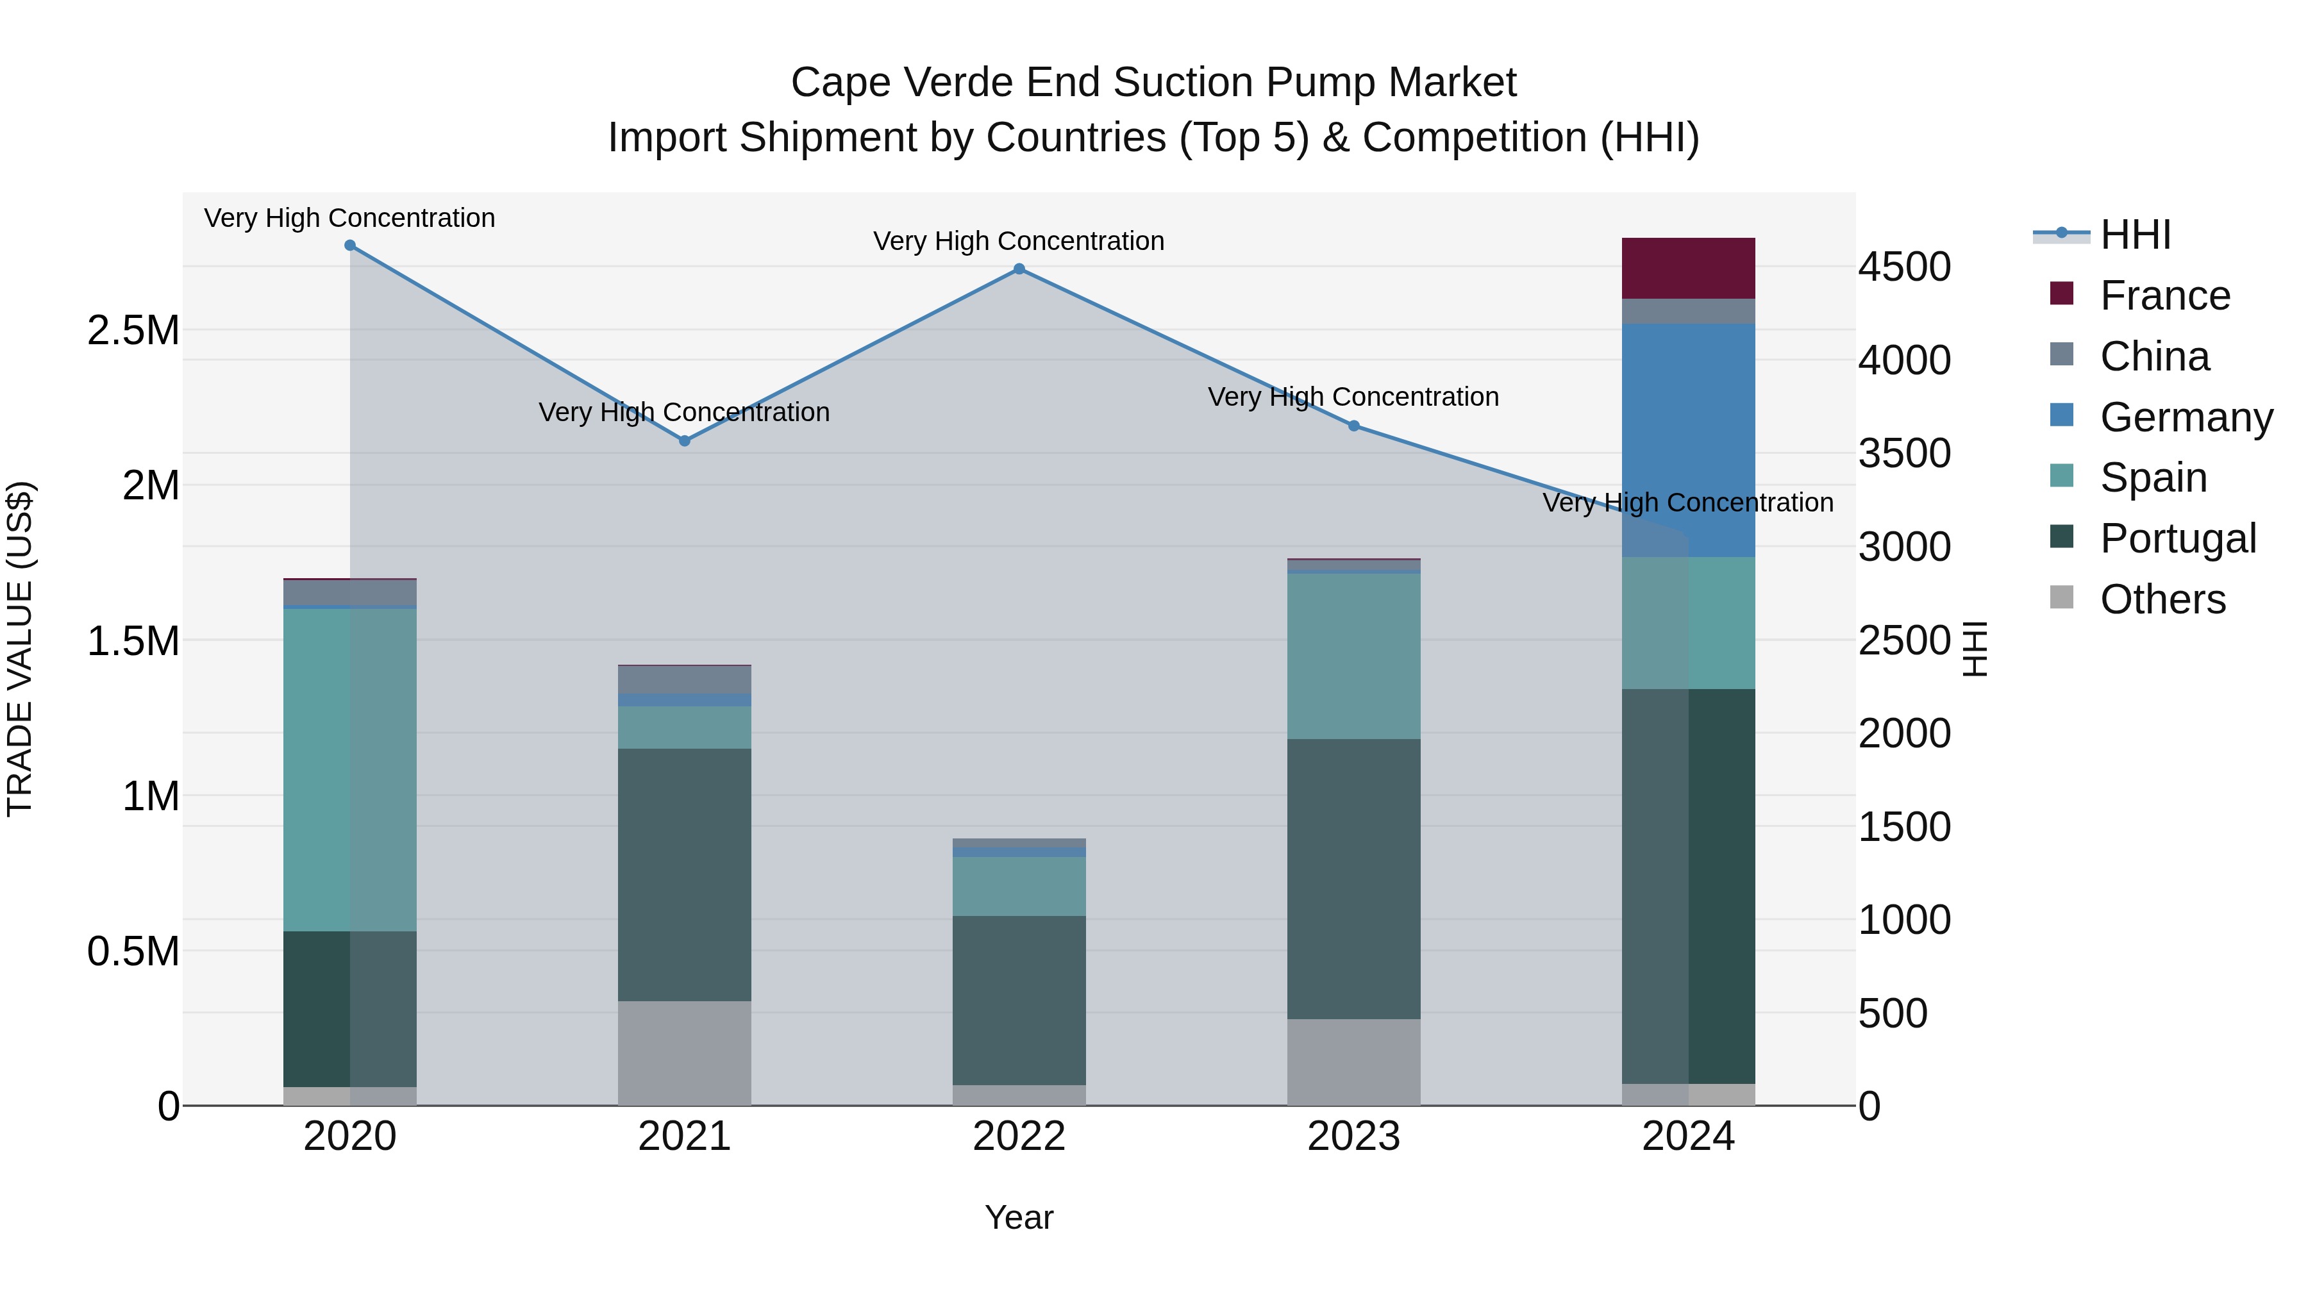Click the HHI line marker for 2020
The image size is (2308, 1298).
coord(350,245)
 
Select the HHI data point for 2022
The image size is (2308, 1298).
coord(1019,269)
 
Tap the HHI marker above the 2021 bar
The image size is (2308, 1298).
coord(685,441)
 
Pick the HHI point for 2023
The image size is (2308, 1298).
coord(1354,426)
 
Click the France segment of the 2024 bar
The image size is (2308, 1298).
coord(1688,269)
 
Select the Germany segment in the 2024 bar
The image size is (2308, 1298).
coord(1688,439)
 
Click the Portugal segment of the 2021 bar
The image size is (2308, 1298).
coord(685,874)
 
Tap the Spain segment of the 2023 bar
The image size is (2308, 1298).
coord(1354,656)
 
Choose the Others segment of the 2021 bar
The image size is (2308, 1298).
coord(685,1053)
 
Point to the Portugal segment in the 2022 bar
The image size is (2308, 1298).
coord(1019,1000)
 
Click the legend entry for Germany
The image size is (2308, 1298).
coord(2186,417)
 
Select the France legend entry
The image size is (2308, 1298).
coord(2164,295)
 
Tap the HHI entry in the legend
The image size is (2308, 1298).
coord(2135,235)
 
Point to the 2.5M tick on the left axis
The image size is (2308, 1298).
coord(133,331)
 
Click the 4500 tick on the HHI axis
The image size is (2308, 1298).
coord(1904,267)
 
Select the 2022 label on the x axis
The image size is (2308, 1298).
coord(1019,1136)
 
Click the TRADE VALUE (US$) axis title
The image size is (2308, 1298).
coord(20,649)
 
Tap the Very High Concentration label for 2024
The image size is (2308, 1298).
coord(1688,503)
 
